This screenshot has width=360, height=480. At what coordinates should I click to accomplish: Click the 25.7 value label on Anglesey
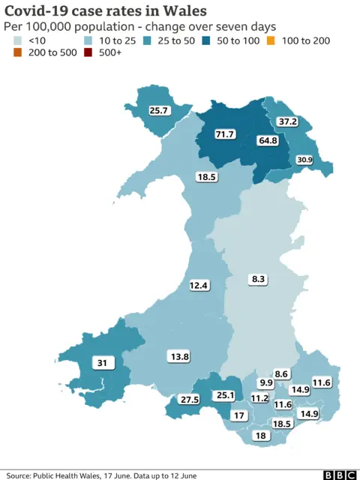158,110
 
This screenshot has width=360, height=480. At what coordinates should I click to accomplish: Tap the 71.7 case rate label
224,134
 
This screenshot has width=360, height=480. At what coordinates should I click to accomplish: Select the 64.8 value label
268,140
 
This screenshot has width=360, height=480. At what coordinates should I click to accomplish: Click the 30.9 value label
304,160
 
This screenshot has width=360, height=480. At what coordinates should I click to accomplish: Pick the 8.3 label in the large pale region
258,279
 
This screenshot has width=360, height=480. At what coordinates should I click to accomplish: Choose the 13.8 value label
181,356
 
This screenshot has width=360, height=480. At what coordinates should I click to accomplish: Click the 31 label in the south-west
101,363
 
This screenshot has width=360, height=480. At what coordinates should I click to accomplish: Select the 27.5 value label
190,400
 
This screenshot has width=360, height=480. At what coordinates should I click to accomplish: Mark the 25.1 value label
225,395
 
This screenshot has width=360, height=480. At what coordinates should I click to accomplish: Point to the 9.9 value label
266,383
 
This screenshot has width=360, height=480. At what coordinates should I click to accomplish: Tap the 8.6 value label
282,373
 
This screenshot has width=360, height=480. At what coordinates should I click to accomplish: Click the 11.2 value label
260,398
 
